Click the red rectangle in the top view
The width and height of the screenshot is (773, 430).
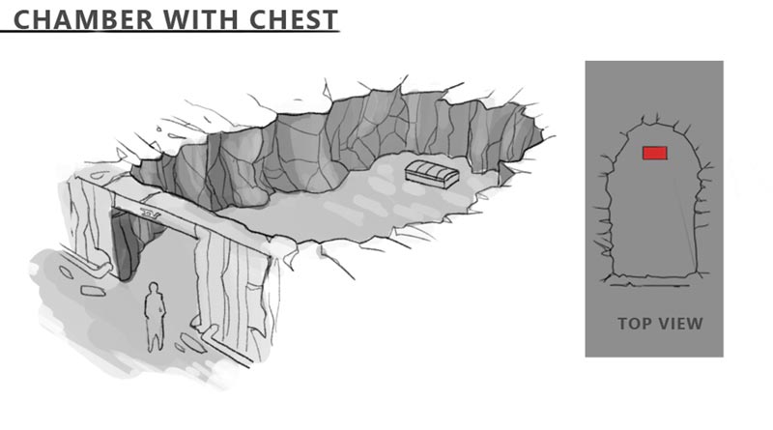654,152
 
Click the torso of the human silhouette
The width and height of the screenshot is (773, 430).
155,309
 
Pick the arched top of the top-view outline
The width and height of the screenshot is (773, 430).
653,121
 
